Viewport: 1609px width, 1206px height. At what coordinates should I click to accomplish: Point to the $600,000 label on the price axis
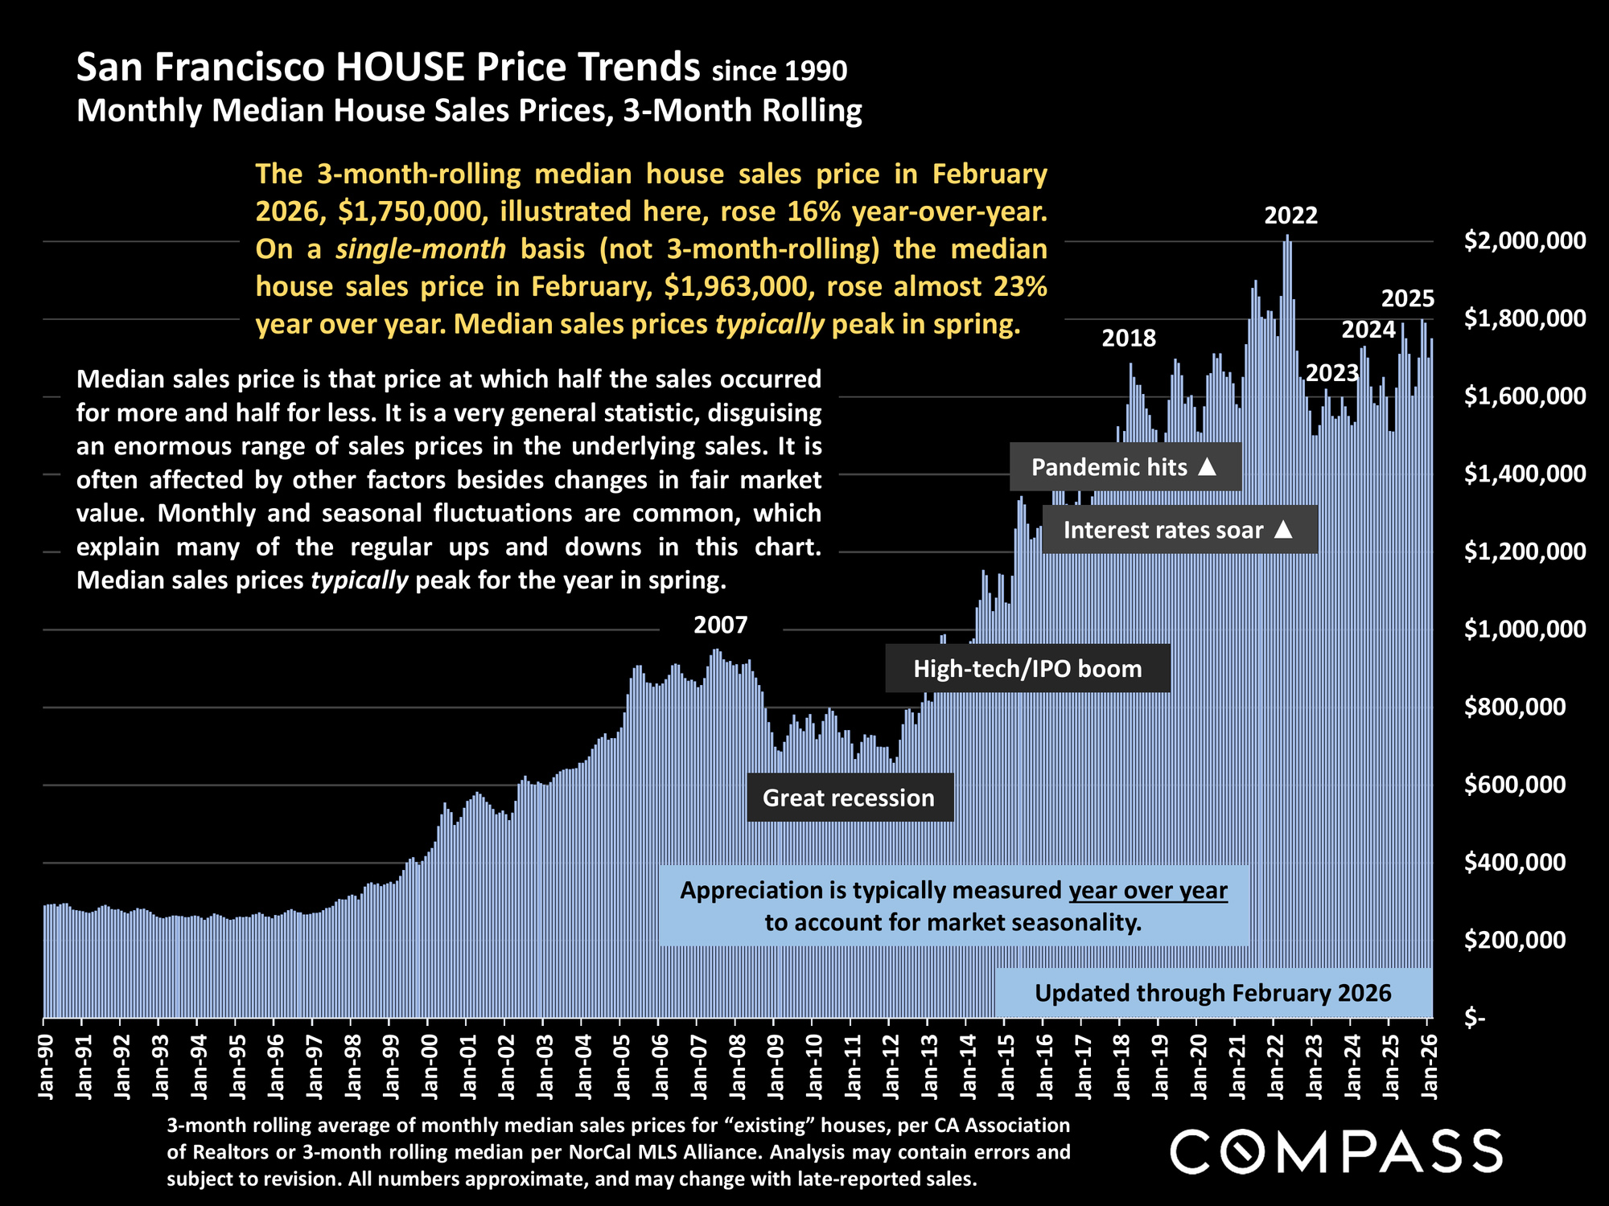click(x=1515, y=785)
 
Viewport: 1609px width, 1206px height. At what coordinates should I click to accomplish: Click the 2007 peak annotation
click(x=720, y=625)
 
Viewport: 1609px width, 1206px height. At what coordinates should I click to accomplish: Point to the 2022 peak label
click(x=1290, y=215)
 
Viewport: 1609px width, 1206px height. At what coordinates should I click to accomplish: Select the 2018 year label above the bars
click(x=1128, y=338)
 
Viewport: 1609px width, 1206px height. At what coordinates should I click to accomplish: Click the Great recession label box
click(x=850, y=798)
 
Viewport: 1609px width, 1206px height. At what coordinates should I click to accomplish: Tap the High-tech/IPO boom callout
click(x=1027, y=668)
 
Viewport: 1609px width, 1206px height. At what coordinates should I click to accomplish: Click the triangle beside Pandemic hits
click(x=1207, y=466)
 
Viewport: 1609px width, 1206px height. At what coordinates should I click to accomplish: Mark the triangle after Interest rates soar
click(x=1283, y=530)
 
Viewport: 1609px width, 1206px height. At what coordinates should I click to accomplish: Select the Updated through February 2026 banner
click(x=1212, y=993)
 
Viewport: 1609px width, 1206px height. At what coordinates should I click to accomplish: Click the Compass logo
click(x=1335, y=1151)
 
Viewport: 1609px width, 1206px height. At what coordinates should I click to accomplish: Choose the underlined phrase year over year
click(x=1148, y=890)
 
